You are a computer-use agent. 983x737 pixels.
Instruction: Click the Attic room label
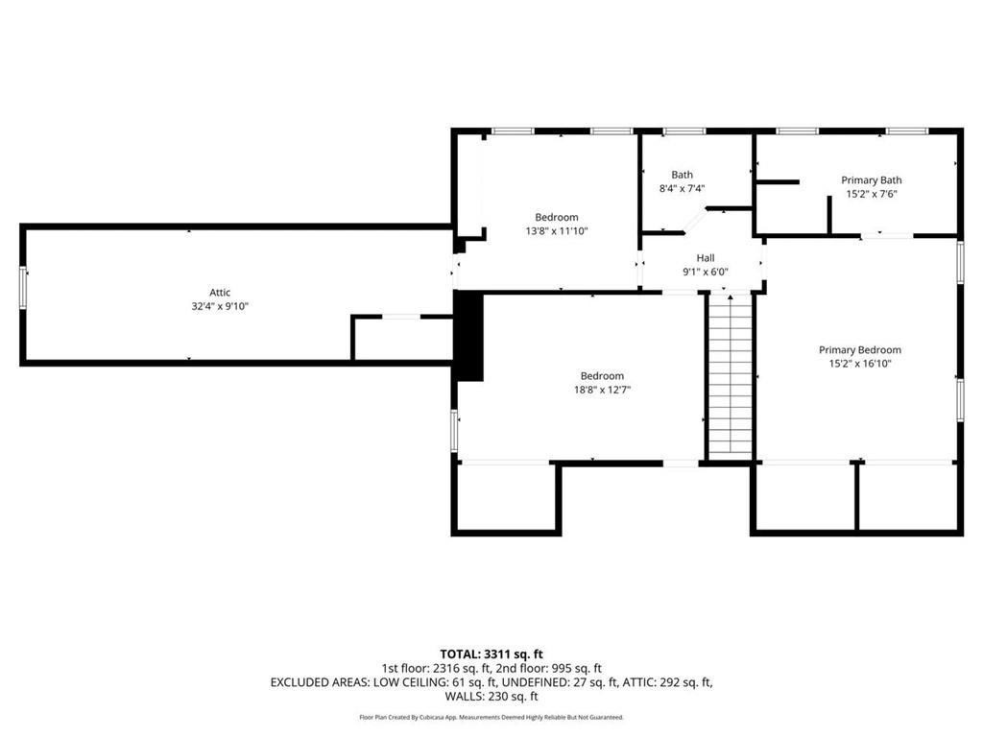click(220, 293)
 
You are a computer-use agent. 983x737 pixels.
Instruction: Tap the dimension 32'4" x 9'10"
click(220, 306)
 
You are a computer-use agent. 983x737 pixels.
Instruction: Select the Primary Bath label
click(871, 180)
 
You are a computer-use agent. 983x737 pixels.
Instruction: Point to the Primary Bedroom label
click(859, 350)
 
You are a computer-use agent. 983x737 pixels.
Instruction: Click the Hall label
click(705, 258)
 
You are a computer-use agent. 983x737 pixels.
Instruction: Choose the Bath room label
click(682, 175)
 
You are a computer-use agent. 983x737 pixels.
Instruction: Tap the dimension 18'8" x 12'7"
click(602, 390)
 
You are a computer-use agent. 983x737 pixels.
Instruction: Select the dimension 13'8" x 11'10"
click(556, 230)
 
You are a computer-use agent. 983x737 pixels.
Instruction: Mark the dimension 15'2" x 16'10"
click(859, 364)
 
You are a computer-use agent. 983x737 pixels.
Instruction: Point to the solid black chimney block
click(469, 336)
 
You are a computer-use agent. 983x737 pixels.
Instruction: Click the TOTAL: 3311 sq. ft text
click(491, 654)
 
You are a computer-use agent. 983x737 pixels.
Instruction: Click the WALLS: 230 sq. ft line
click(491, 697)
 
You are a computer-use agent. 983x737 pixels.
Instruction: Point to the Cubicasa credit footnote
click(491, 717)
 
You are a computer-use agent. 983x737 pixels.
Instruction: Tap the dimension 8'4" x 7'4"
click(682, 188)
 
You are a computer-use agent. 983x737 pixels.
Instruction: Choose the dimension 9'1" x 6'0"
click(705, 272)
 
